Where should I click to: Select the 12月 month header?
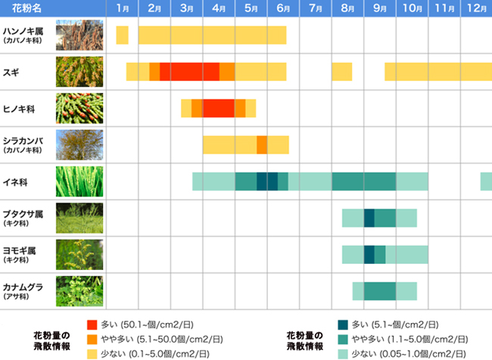pos(476,8)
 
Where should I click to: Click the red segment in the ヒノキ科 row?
pos(219,108)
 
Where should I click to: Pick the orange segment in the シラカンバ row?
pos(262,144)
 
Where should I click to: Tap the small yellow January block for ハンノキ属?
pos(122,35)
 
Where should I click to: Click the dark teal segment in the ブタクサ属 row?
pos(369,218)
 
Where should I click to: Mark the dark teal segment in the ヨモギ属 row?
pos(369,254)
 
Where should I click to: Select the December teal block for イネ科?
pos(486,182)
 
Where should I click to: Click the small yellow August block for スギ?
pos(342,72)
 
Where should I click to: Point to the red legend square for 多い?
pos(92,323)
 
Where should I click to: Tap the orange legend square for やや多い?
pos(92,339)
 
